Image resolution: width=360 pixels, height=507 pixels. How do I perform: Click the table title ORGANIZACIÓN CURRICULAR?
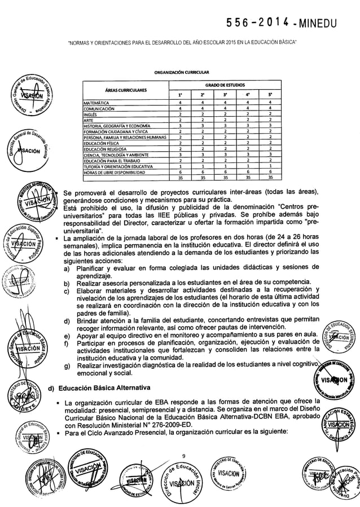pos(179,74)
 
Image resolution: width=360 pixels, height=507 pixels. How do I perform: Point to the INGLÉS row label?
pos(91,114)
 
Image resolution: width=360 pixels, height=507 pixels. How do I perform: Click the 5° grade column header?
pos(271,95)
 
